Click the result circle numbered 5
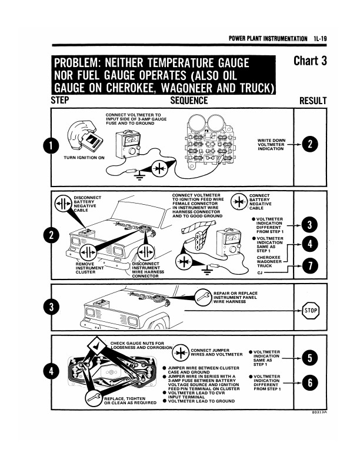tap(309, 358)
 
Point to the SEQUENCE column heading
tap(189, 101)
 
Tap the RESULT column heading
tap(312, 101)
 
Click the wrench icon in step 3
tap(203, 296)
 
